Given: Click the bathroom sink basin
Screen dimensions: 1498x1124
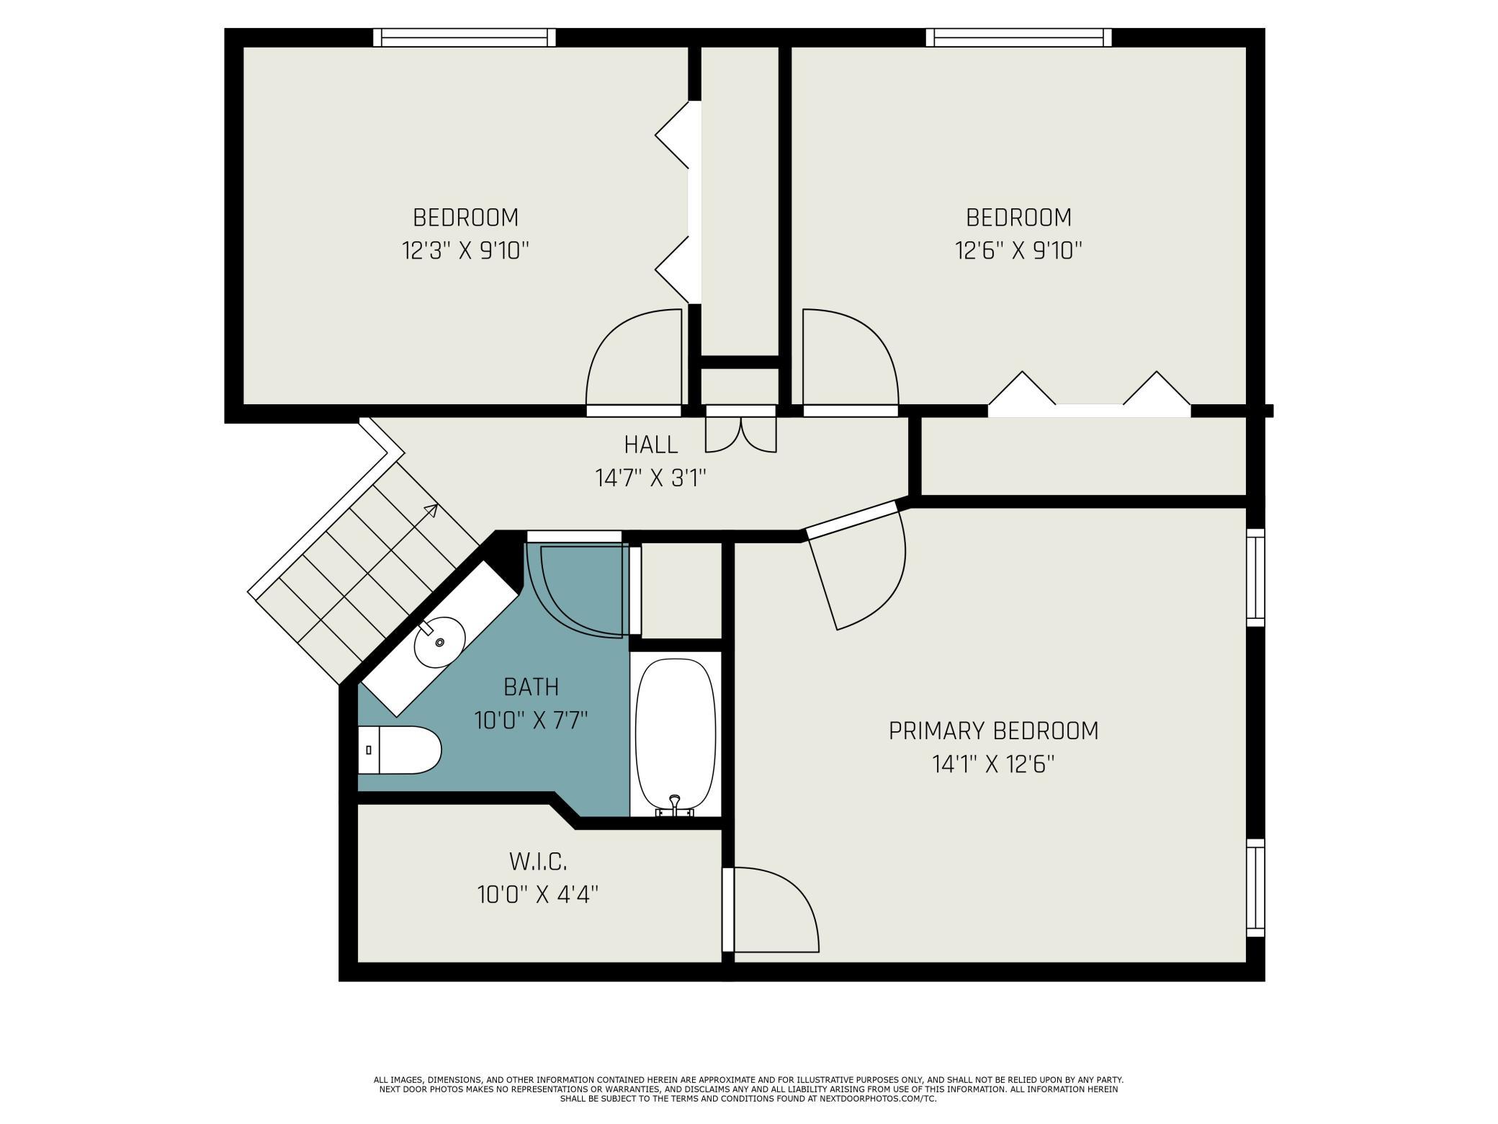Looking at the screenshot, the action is (x=439, y=642).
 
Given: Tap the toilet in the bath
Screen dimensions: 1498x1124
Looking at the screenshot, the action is (x=399, y=750).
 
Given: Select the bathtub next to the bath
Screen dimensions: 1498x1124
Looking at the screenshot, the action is (x=676, y=736).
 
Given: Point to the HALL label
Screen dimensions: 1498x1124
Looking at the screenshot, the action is (x=651, y=445).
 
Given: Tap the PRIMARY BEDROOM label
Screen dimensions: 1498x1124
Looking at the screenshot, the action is (x=993, y=731).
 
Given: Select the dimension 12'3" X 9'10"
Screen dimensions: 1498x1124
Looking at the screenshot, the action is (x=465, y=251).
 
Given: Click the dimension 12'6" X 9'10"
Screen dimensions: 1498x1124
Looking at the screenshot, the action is (x=1018, y=251).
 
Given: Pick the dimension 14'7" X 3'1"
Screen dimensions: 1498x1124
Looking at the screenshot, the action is (x=650, y=478).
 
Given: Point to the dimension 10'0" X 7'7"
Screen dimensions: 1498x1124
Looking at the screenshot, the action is (x=532, y=720).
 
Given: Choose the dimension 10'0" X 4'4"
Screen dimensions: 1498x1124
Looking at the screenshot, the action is (x=538, y=894).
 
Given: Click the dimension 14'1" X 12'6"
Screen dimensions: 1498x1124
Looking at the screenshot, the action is (x=993, y=764).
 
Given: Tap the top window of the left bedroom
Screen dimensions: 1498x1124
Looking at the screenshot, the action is (x=465, y=37).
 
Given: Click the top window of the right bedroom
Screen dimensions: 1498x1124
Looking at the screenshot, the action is (x=1018, y=37).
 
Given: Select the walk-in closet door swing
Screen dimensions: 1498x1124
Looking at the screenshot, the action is (x=771, y=910).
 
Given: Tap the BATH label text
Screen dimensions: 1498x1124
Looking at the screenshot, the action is (x=532, y=687).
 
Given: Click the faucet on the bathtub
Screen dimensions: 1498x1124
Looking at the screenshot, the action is (x=675, y=806).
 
